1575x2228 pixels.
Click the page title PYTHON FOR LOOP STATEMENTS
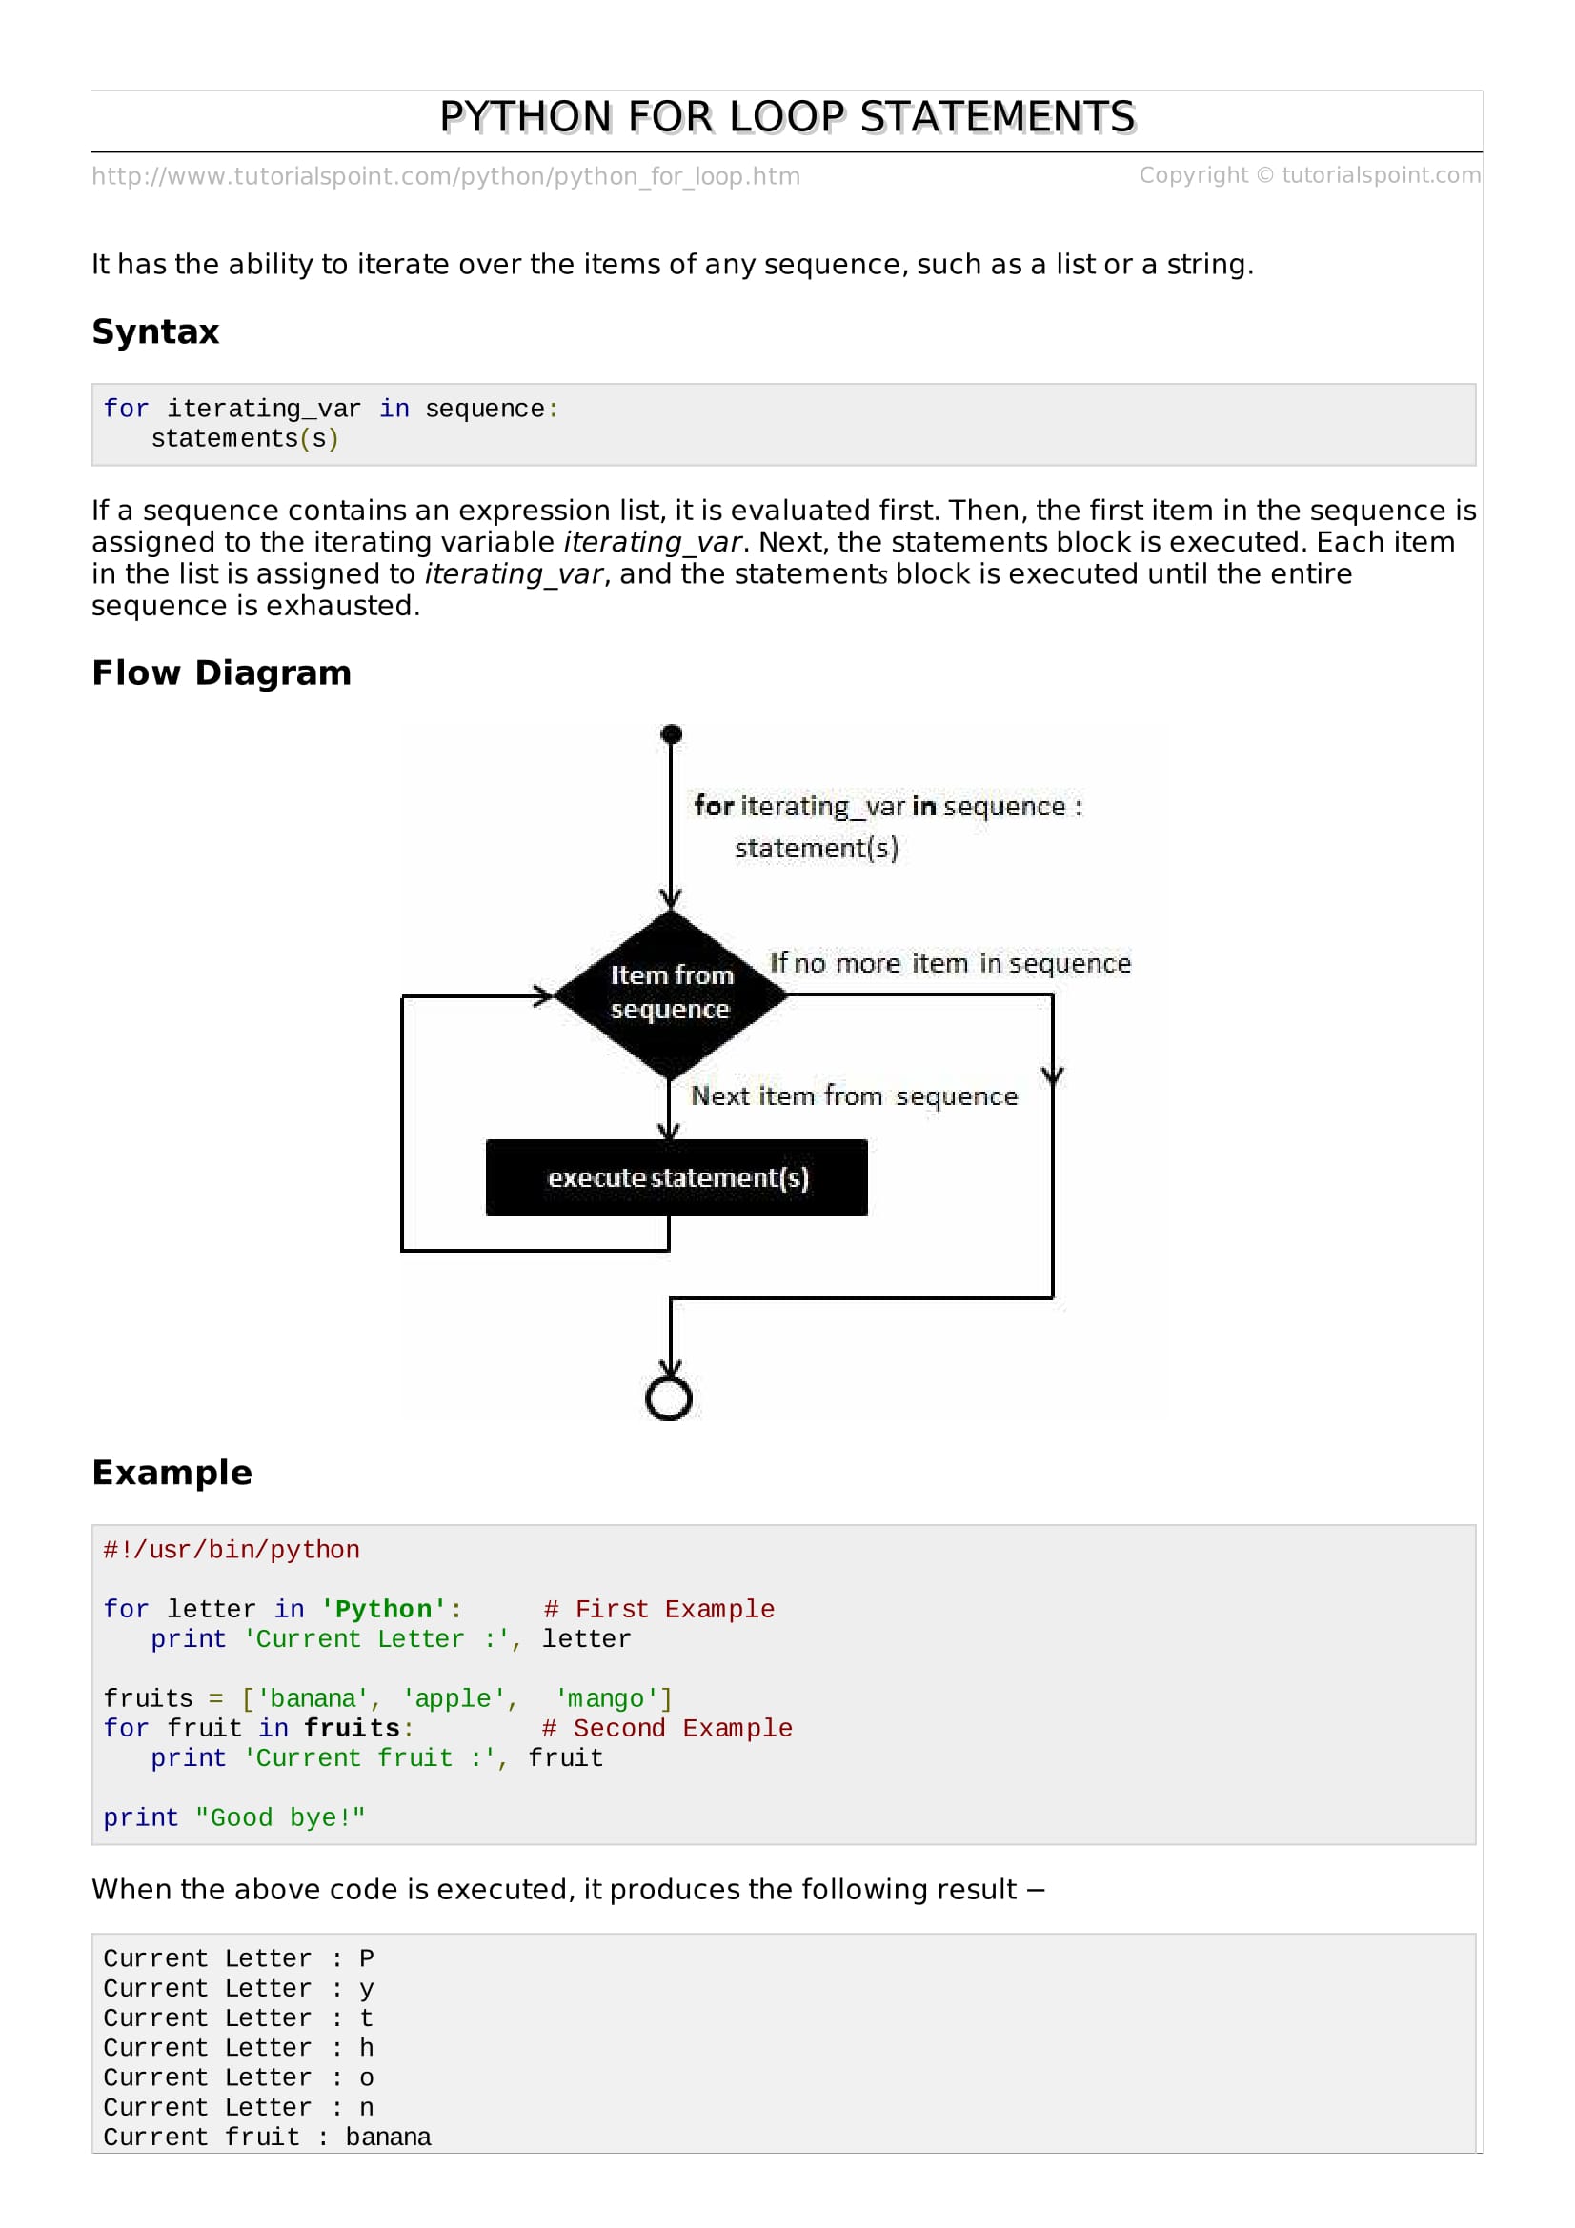click(787, 117)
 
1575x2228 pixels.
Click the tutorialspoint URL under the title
click(447, 176)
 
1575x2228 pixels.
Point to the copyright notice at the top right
click(1310, 174)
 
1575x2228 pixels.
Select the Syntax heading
click(156, 331)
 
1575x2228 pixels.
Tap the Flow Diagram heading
click(222, 672)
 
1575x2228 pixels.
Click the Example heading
click(172, 1472)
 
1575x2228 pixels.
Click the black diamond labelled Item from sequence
click(670, 994)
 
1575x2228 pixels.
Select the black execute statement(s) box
click(676, 1177)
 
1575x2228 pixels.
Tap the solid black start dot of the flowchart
click(671, 734)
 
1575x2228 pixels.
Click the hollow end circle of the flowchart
click(669, 1398)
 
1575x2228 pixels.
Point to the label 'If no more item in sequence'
click(950, 964)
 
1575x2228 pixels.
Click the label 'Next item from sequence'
click(854, 1096)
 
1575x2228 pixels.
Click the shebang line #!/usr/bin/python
click(232, 1550)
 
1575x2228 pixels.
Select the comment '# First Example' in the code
click(659, 1609)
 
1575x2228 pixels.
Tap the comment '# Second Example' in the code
click(667, 1728)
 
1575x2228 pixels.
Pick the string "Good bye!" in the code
click(280, 1817)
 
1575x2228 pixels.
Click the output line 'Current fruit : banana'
click(268, 2137)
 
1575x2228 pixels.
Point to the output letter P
click(367, 1958)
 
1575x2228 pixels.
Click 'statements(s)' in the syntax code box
click(246, 438)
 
